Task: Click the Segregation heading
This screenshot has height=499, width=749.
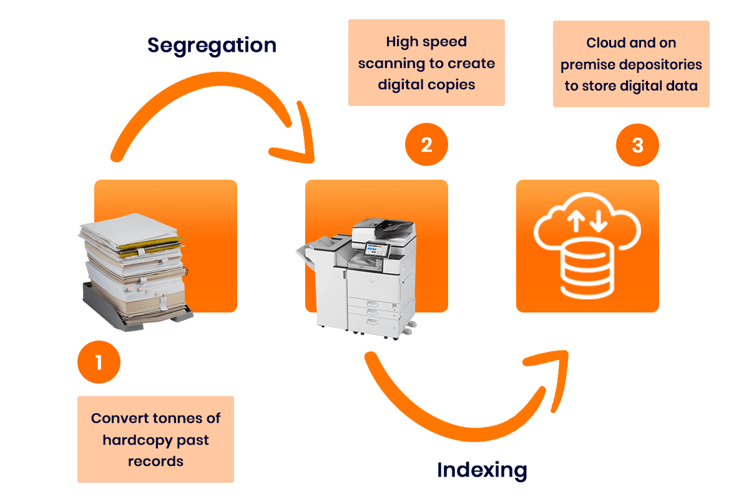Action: tap(212, 45)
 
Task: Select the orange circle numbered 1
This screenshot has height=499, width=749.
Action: tap(99, 361)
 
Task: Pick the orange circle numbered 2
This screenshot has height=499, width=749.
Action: tap(426, 145)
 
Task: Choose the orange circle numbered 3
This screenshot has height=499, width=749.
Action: tap(637, 145)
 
